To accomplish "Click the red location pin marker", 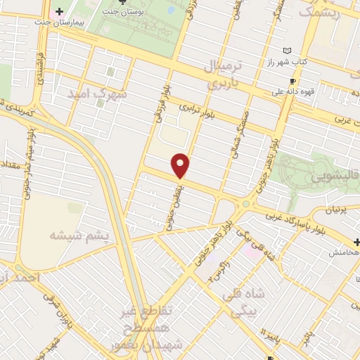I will tap(181, 165).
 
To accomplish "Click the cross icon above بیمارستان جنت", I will tap(60, 12).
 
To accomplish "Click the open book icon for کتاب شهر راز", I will tap(286, 51).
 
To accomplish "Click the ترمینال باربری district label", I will tap(223, 75).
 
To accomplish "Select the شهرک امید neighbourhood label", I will tap(98, 94).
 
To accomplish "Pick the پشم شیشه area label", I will tap(79, 236).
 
